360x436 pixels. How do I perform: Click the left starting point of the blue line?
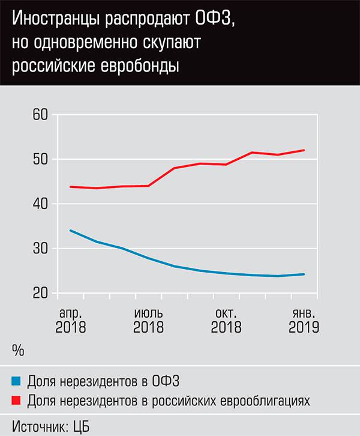71,231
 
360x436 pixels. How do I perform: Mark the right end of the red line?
304,150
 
